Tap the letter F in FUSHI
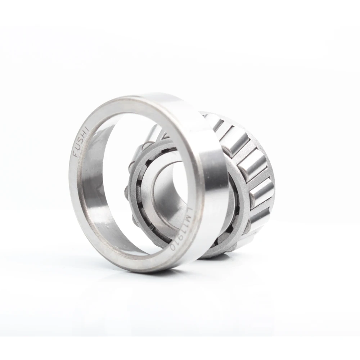click(x=76, y=154)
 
